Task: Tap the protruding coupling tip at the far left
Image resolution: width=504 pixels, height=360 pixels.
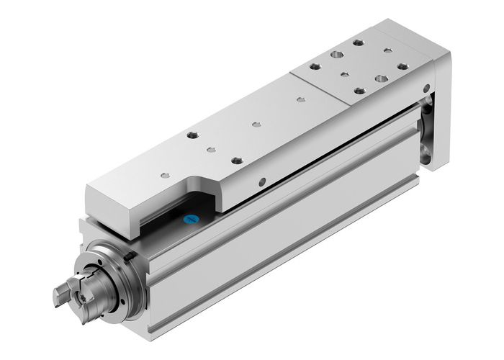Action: pos(60,294)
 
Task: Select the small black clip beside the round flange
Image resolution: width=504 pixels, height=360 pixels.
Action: pos(129,256)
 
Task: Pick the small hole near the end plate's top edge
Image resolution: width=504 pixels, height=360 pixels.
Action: pos(430,89)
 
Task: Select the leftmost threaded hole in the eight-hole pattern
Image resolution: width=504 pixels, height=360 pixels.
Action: pos(315,66)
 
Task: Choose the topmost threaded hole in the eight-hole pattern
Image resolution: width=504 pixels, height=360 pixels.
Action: pos(358,43)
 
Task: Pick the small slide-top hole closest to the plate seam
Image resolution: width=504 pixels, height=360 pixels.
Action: pos(298,101)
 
